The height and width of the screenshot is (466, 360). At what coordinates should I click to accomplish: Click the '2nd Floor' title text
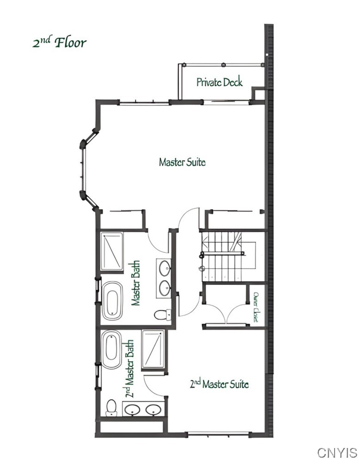click(x=59, y=43)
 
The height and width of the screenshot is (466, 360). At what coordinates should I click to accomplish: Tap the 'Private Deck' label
click(x=220, y=82)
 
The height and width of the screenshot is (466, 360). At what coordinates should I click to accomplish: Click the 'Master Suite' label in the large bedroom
click(x=182, y=162)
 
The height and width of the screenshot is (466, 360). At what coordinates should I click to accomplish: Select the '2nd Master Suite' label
click(x=220, y=384)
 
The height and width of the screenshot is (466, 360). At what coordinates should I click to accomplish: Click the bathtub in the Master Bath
click(x=112, y=300)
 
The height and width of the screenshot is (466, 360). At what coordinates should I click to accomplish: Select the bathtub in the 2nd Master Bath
click(x=111, y=349)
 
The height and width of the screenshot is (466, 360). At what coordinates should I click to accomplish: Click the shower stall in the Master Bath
click(x=112, y=251)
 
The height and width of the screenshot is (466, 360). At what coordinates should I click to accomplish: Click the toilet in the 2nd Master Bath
click(x=111, y=407)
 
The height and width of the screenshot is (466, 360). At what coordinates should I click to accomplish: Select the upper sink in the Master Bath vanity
click(x=165, y=267)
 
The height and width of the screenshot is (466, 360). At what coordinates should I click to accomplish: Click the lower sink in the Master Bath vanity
click(x=165, y=288)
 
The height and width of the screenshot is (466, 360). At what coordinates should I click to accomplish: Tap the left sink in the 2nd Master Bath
click(x=133, y=410)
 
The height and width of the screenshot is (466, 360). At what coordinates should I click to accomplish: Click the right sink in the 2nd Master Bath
click(x=153, y=410)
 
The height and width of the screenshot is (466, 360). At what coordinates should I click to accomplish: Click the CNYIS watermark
click(x=337, y=452)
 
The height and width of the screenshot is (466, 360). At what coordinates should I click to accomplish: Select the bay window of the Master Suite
click(x=84, y=169)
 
